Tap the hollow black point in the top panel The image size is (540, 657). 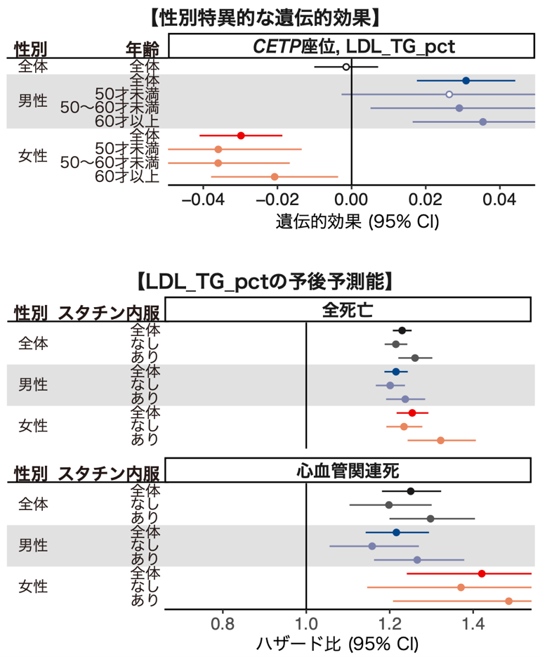pyautogui.click(x=345, y=67)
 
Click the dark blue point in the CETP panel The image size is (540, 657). pyautogui.click(x=466, y=81)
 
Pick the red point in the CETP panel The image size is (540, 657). pyautogui.click(x=241, y=136)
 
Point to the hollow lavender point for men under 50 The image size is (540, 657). pyautogui.click(x=449, y=94)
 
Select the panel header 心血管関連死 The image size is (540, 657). pyautogui.click(x=348, y=470)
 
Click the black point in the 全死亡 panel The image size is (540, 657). pyautogui.click(x=402, y=330)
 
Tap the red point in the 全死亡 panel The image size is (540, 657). pyautogui.click(x=412, y=412)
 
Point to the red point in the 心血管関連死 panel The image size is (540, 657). pyautogui.click(x=482, y=573)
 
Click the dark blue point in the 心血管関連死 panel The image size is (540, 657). pyautogui.click(x=396, y=532)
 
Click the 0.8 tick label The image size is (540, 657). pyautogui.click(x=223, y=623)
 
